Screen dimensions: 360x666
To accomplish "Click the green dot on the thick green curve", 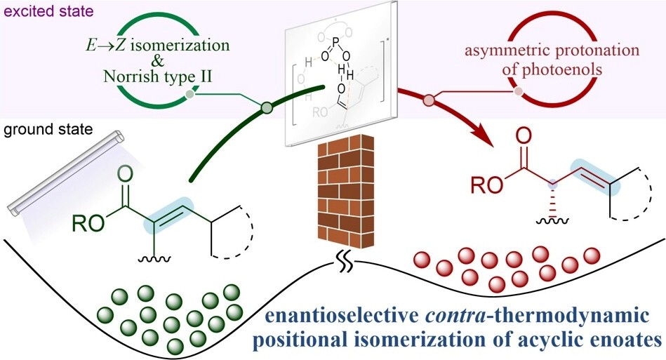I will point(267,107).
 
